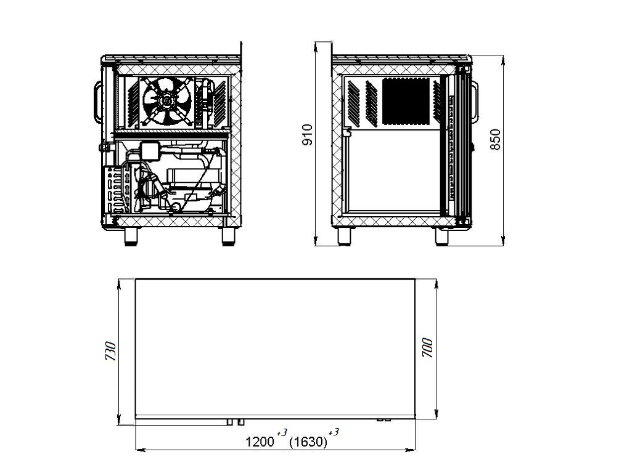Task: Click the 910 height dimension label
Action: pyautogui.click(x=308, y=135)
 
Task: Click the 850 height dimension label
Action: pyautogui.click(x=495, y=139)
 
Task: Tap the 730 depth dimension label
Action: pyautogui.click(x=110, y=351)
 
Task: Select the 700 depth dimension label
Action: pyautogui.click(x=427, y=347)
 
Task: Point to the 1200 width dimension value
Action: pyautogui.click(x=260, y=442)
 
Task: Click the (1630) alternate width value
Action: pyautogui.click(x=308, y=442)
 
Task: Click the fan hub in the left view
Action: pyautogui.click(x=166, y=101)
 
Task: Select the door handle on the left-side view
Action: pyautogui.click(x=97, y=102)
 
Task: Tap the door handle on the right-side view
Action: pyautogui.click(x=475, y=102)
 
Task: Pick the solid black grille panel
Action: pyautogui.click(x=406, y=101)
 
